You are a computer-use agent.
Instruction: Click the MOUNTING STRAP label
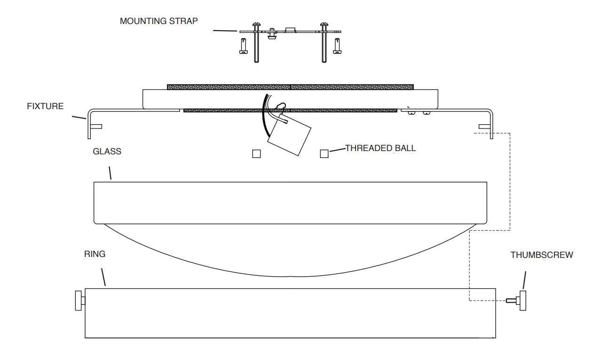point(158,21)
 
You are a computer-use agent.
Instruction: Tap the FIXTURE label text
point(45,106)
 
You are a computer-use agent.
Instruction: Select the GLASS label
point(107,152)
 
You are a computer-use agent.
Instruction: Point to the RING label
point(95,254)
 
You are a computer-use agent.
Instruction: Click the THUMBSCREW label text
point(542,255)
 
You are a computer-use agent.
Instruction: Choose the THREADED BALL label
point(380,148)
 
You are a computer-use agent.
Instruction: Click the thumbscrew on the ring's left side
point(79,301)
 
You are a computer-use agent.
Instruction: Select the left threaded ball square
point(256,154)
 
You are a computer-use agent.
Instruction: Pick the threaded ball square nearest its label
point(324,153)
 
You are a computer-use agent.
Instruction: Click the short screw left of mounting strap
point(243,46)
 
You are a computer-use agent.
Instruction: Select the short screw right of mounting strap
point(337,46)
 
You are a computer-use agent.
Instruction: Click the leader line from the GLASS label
point(110,172)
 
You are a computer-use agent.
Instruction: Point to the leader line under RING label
point(103,277)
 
